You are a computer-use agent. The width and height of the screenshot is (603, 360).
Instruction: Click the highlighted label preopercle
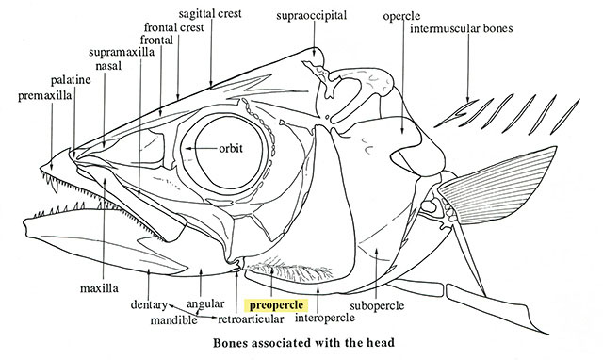click(x=276, y=305)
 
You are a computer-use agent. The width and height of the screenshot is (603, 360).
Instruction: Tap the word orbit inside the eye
click(x=231, y=148)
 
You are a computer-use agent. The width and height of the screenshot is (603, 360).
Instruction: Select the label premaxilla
click(x=44, y=96)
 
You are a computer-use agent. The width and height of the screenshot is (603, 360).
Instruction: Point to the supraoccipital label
click(x=311, y=15)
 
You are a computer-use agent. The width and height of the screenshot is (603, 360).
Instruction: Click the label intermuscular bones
click(x=461, y=28)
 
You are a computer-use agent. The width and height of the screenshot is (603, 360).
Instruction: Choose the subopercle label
click(x=377, y=305)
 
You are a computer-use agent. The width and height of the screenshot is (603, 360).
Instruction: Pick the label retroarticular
click(x=251, y=319)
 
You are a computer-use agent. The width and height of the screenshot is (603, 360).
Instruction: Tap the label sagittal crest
click(x=210, y=13)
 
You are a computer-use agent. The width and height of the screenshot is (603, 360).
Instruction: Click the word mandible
click(x=173, y=319)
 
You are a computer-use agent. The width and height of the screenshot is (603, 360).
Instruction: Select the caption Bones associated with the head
click(x=303, y=342)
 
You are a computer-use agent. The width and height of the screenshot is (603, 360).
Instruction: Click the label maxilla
click(x=99, y=288)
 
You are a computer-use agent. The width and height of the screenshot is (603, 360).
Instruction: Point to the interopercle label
click(x=324, y=319)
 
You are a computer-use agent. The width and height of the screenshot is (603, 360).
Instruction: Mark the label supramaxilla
click(x=122, y=52)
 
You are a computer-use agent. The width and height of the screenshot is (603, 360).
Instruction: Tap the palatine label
click(x=71, y=80)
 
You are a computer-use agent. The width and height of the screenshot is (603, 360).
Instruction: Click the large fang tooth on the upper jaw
click(x=55, y=186)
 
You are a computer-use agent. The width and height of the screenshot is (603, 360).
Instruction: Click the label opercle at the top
click(x=401, y=17)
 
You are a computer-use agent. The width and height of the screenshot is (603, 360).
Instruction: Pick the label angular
click(x=205, y=303)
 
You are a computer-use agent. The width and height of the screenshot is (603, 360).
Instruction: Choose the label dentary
click(x=149, y=305)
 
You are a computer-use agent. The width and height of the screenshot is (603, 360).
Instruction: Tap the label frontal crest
click(x=173, y=27)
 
